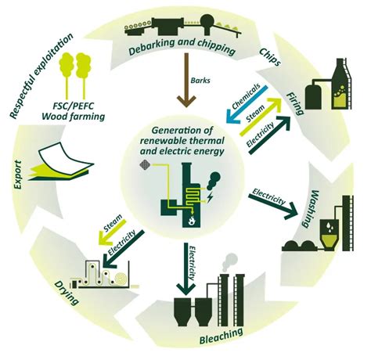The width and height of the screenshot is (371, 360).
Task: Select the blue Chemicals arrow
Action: tap(240, 113)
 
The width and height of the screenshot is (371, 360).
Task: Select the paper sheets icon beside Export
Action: tap(56, 159)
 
